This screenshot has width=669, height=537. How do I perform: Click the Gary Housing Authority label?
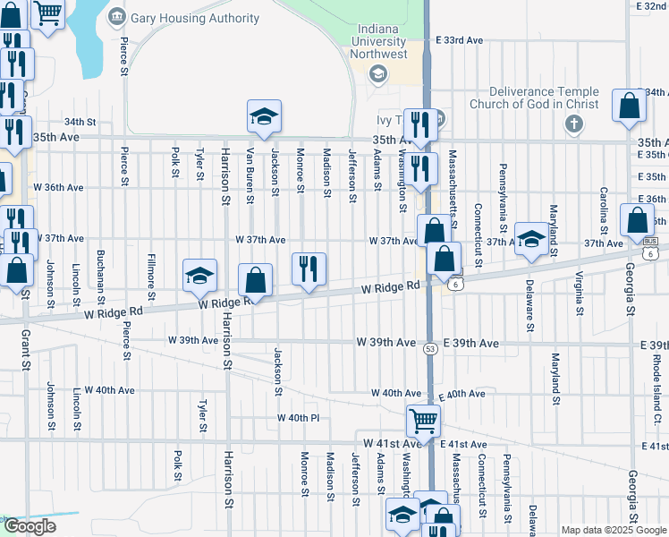coord(195,18)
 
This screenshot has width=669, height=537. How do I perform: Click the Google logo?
coord(30,526)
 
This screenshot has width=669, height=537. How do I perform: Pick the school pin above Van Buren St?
coord(264,115)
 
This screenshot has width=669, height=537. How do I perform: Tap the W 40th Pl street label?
coord(298,418)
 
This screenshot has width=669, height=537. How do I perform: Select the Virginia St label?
coord(580,294)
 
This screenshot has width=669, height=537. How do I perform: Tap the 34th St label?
coord(80,122)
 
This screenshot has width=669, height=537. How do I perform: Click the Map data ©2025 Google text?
coord(613,530)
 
